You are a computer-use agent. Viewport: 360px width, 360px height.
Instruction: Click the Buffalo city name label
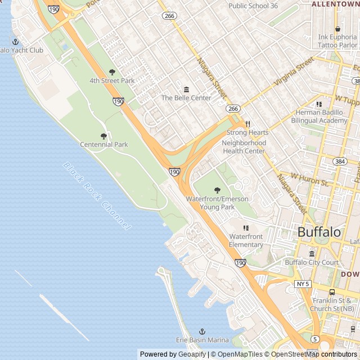pos(319,232)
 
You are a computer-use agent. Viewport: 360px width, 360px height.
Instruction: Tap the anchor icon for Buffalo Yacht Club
pos(15,42)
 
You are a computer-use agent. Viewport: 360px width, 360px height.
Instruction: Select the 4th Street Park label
pos(112,80)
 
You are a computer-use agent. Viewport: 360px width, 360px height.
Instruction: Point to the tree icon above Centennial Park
pos(103,136)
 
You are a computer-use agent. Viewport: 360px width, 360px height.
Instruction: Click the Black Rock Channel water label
pos(96,196)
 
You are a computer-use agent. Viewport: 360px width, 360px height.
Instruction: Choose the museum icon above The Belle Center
pos(186,89)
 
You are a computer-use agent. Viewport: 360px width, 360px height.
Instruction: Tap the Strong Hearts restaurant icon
pos(247,124)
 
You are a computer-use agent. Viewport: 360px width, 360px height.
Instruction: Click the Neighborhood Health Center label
pos(244,147)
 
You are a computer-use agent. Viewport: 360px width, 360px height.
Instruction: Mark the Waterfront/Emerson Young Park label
pos(217,203)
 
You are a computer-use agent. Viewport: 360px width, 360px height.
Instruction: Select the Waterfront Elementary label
pos(246,241)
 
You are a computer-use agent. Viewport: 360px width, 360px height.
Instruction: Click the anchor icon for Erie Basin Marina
pos(202,332)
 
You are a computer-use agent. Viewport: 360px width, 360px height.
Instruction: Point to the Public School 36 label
pos(253,6)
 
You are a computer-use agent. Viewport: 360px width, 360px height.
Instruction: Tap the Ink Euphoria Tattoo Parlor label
pos(337,41)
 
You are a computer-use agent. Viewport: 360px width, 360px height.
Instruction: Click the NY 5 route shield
pos(303,284)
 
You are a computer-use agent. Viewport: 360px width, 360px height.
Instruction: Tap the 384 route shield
pos(339,161)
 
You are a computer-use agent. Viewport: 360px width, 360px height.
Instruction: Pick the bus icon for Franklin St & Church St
pos(332,292)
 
